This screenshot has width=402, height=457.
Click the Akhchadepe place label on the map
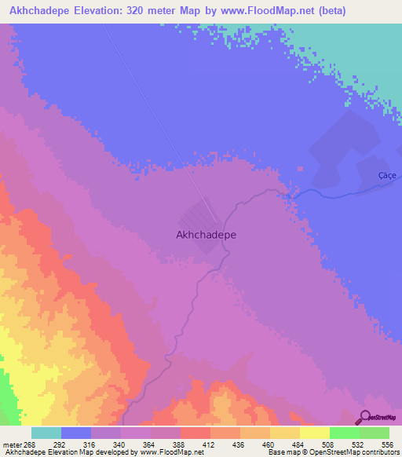[x=206, y=234]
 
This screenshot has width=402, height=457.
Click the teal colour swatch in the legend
[x=46, y=433]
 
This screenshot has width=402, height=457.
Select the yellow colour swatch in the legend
[x=314, y=433]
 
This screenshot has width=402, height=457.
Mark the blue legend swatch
[x=76, y=433]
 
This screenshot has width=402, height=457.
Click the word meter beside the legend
[x=12, y=444]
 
